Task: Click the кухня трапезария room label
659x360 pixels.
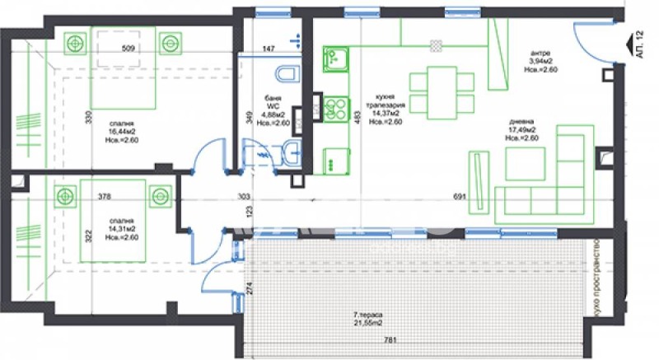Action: tap(386, 109)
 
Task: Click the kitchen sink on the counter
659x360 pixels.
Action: tap(334, 58)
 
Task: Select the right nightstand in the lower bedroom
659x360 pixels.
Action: tap(159, 195)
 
